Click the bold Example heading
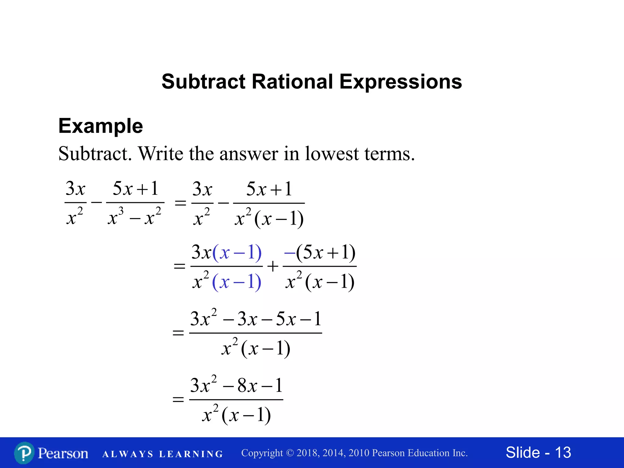tap(101, 126)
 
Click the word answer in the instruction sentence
tap(248, 154)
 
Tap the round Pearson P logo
tap(24, 453)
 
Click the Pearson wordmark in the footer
tap(63, 453)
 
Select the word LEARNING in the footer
tap(191, 454)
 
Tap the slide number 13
tap(563, 452)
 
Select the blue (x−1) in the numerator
tap(237, 253)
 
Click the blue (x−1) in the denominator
tap(237, 282)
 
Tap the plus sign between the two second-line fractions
tap(273, 266)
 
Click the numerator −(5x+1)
tap(320, 253)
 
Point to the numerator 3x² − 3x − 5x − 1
tap(256, 319)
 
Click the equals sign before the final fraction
tap(178, 399)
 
